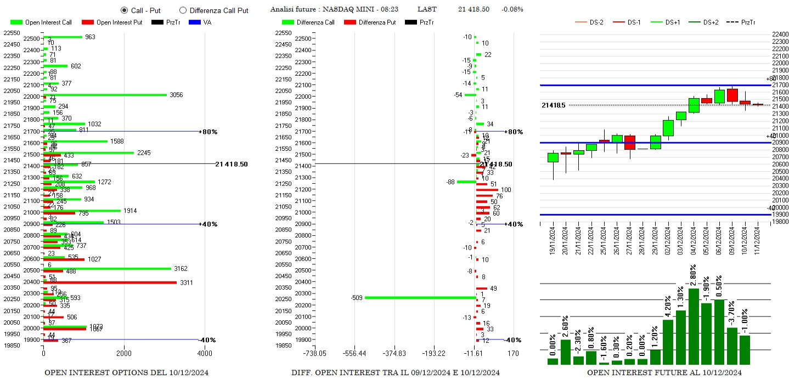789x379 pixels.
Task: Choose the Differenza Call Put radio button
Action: click(x=183, y=10)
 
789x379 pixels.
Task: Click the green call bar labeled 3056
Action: click(x=105, y=95)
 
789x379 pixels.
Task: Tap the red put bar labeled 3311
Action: click(x=110, y=282)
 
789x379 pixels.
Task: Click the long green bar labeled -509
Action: click(x=420, y=298)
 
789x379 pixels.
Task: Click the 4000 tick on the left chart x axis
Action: click(x=204, y=353)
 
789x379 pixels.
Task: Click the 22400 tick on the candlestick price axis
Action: click(x=780, y=35)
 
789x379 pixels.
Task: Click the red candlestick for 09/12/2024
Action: click(x=732, y=95)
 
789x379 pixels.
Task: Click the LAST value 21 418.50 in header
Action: click(x=474, y=9)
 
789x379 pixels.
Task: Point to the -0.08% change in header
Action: click(x=512, y=9)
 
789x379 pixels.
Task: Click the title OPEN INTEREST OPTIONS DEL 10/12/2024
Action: click(x=126, y=373)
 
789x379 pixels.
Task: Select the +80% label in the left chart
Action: click(x=209, y=132)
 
